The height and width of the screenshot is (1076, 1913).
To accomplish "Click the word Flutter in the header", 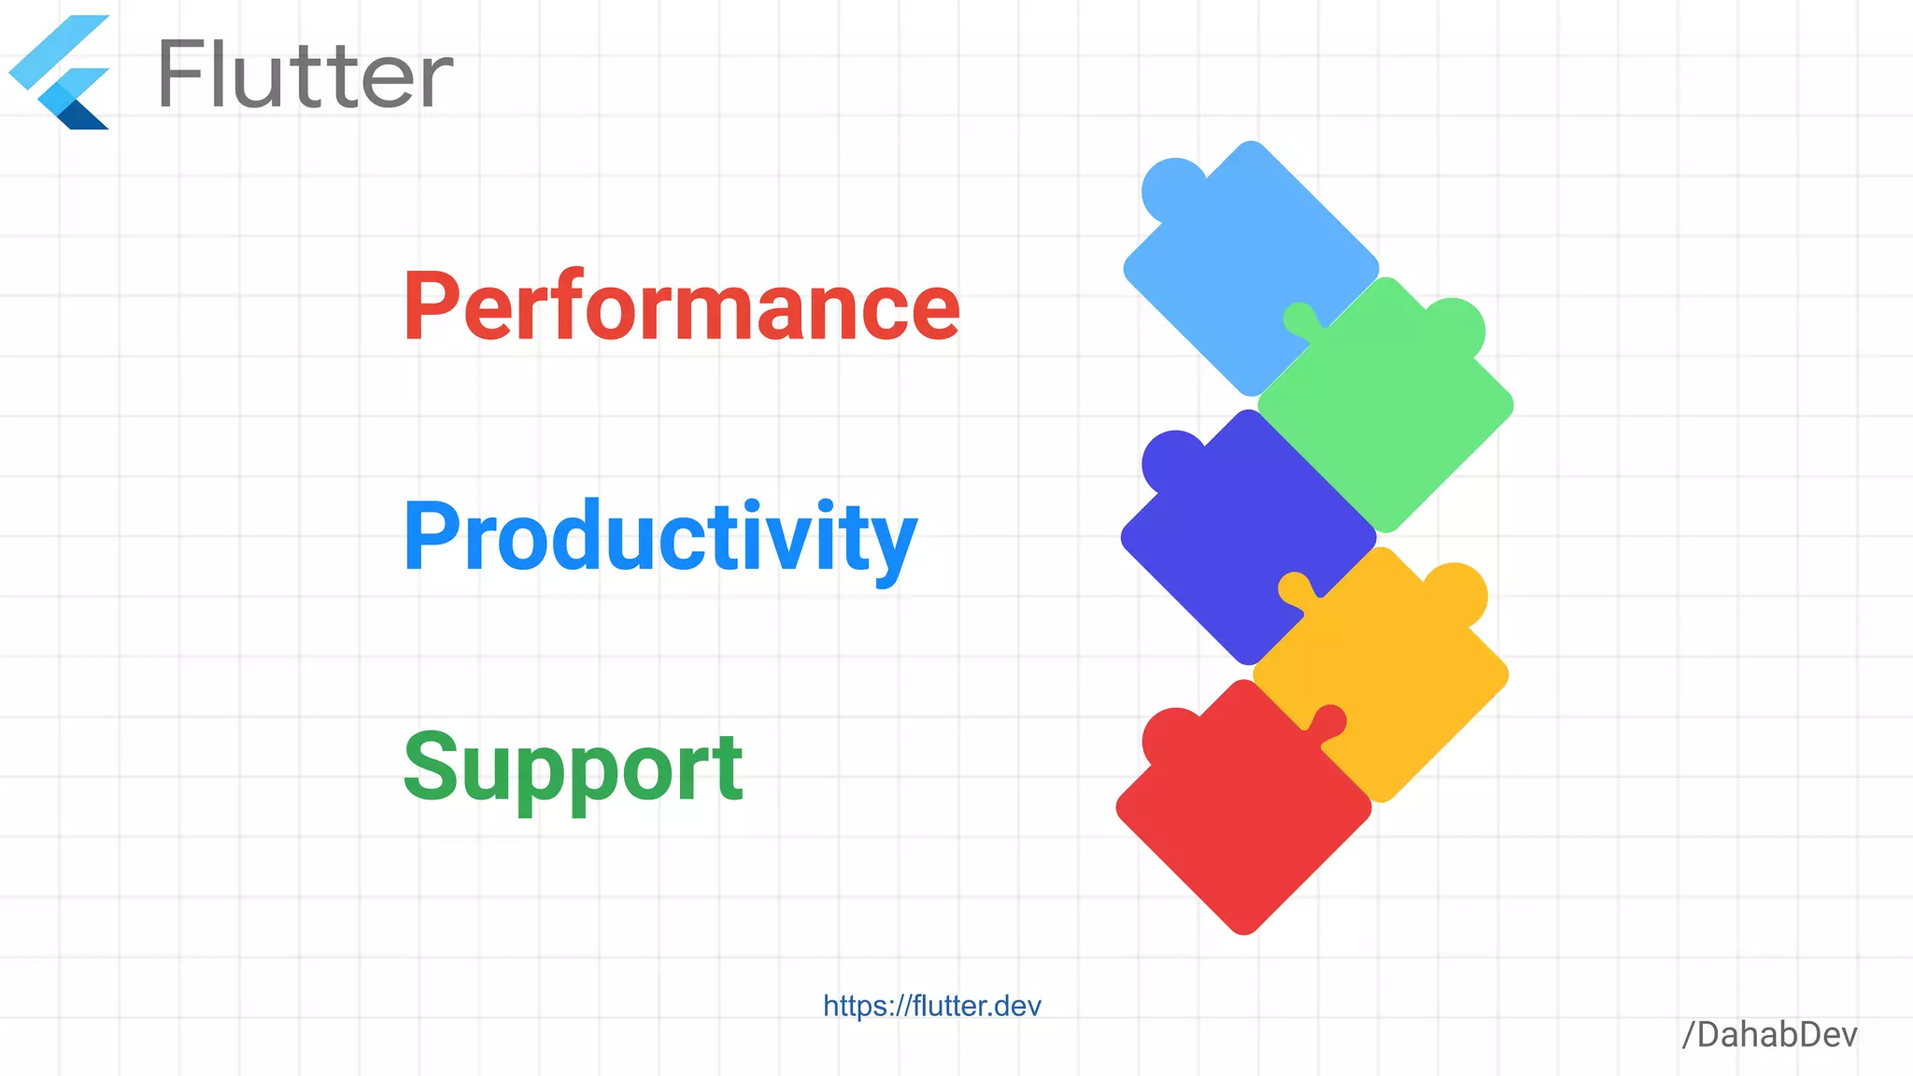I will coord(305,75).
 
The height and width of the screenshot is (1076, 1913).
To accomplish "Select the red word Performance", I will coord(681,305).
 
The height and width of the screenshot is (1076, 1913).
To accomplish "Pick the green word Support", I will coord(573,768).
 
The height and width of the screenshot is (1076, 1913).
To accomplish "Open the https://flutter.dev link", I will coord(931,1006).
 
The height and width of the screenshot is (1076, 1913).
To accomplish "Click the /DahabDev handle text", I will coord(1769,1035).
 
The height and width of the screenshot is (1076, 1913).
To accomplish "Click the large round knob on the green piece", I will coord(1453,328).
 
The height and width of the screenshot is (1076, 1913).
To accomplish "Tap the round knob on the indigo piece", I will coord(1171,460).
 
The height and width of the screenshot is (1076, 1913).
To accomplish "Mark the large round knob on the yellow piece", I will coord(1455,594).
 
